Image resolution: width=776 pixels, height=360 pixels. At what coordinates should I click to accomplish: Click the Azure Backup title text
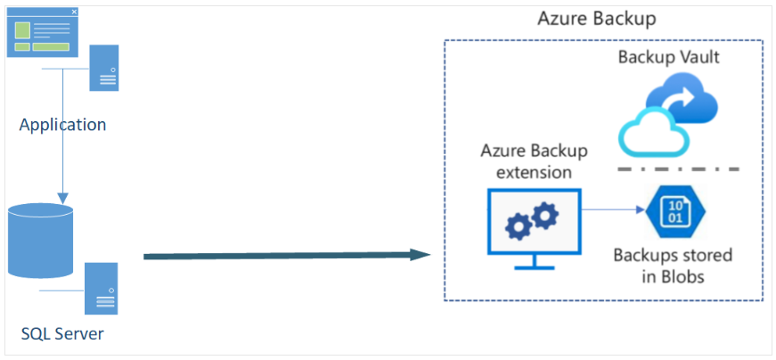tap(597, 19)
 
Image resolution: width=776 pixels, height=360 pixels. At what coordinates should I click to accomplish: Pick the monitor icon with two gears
tap(534, 223)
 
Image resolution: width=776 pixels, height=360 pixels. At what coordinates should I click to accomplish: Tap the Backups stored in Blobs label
tap(673, 266)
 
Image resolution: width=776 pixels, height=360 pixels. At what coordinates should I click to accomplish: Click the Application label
tap(62, 125)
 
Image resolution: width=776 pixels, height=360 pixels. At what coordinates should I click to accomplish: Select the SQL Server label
tap(62, 335)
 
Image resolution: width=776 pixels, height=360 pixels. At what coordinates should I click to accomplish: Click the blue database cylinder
tap(40, 241)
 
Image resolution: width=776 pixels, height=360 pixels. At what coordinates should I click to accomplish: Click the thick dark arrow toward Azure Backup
tap(285, 256)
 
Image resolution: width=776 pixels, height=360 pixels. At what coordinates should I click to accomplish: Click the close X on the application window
tap(74, 12)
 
